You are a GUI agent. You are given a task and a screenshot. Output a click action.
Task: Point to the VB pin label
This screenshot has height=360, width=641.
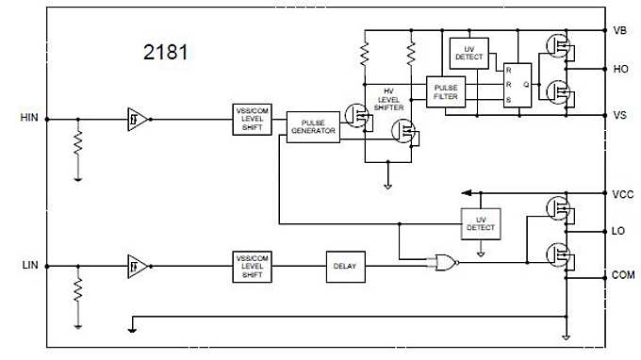619,30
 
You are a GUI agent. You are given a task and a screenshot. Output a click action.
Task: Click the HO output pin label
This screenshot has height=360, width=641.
619,69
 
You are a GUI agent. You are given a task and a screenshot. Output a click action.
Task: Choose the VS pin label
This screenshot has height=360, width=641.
619,115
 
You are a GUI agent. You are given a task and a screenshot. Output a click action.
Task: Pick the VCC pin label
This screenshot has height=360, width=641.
621,194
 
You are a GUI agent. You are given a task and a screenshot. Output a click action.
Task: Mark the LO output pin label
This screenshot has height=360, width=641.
618,231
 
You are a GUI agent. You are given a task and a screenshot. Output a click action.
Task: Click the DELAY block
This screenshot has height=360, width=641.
342,266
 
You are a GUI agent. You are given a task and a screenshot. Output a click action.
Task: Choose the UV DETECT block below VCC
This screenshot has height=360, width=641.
480,222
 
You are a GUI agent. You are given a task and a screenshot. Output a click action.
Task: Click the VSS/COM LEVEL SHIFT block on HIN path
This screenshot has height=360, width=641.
252,120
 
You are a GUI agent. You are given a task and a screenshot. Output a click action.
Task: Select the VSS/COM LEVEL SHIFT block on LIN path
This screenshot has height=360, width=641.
252,266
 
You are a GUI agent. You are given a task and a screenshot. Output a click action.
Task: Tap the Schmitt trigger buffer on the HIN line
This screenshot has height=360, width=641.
138,119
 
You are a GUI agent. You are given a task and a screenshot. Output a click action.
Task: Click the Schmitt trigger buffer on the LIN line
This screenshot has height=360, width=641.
138,267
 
